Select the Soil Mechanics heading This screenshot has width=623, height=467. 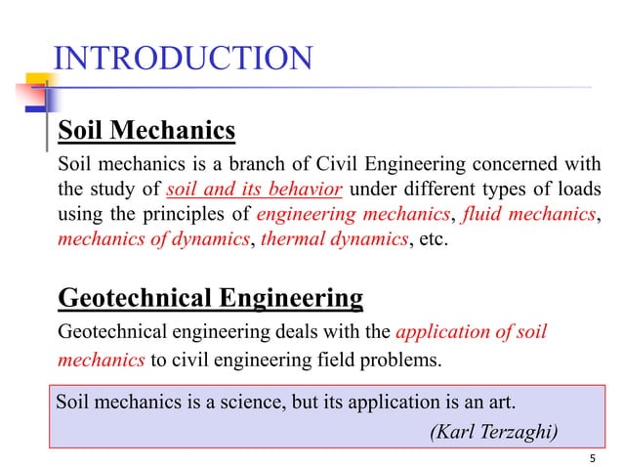click(x=147, y=130)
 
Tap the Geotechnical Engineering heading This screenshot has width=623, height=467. click(x=211, y=297)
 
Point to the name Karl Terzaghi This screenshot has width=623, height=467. click(x=497, y=432)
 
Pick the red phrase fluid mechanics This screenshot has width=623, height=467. click(x=529, y=214)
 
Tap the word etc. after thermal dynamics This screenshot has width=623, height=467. click(x=430, y=239)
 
